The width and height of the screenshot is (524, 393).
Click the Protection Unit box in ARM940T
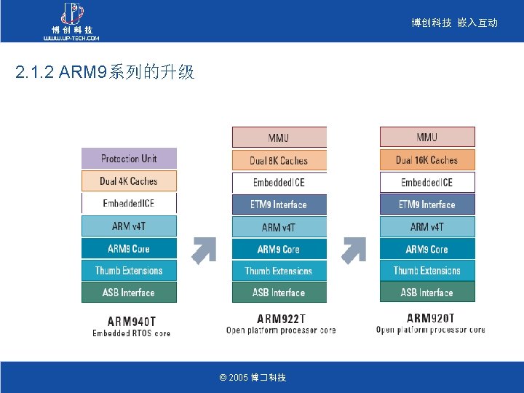[x=129, y=159]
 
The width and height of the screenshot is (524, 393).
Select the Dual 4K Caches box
[x=129, y=181]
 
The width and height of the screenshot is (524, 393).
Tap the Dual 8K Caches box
[x=279, y=160]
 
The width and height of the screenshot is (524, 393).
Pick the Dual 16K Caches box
[x=427, y=160]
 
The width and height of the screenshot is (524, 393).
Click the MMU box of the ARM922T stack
[x=279, y=138]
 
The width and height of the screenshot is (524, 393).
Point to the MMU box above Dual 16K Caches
[x=427, y=138]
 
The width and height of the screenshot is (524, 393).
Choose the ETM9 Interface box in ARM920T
[x=427, y=205]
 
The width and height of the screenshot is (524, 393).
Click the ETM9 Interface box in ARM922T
[x=279, y=205]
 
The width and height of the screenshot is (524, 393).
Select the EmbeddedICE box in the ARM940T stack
[x=129, y=203]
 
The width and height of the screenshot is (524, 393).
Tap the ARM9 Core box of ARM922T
[x=279, y=249]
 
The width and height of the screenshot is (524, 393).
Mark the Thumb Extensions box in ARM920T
[x=427, y=271]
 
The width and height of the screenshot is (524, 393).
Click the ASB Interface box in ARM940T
[x=129, y=293]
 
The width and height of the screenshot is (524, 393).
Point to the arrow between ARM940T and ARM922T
[x=204, y=250]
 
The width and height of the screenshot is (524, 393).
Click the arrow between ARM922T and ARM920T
[x=353, y=250]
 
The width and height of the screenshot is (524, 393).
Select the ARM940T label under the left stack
[x=131, y=320]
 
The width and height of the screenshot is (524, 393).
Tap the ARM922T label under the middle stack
[x=281, y=318]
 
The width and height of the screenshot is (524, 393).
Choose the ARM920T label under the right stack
[x=430, y=318]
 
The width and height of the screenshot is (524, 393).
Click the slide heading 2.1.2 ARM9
[x=105, y=73]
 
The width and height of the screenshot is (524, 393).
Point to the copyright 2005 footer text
[x=253, y=378]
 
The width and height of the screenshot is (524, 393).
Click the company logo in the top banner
[x=71, y=21]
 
